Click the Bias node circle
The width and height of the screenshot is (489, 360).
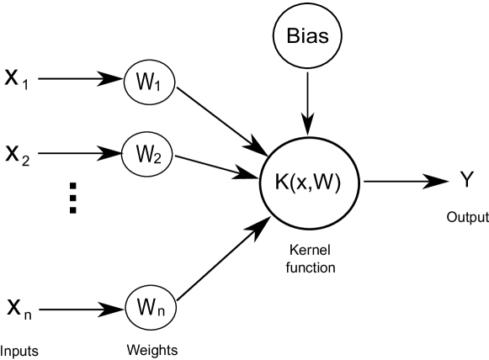tap(307, 37)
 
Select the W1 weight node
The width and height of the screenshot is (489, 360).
tap(149, 83)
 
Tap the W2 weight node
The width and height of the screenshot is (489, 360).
tap(148, 155)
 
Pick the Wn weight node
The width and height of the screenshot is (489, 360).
tap(151, 309)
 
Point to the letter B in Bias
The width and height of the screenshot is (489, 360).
tap(291, 37)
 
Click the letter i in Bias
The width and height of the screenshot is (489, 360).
tap(302, 37)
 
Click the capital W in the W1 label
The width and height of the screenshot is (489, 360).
tap(145, 82)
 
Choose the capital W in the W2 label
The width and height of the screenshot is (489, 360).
tap(144, 154)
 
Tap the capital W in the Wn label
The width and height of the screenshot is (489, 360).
tap(146, 308)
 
